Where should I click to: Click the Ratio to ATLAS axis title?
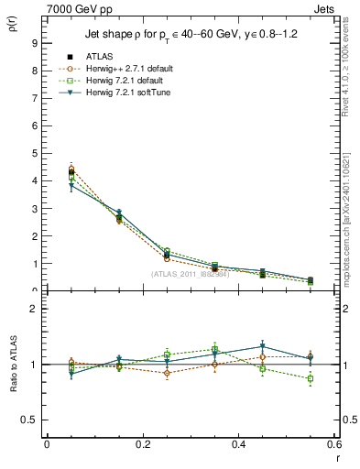coord(12,365)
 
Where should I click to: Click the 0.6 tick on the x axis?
coord(333,444)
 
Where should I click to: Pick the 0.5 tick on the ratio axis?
coord(29,420)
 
